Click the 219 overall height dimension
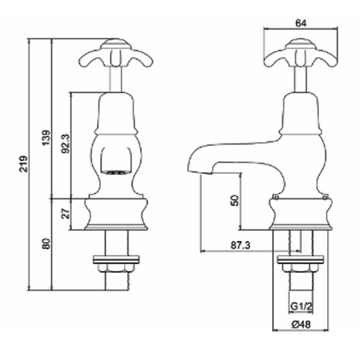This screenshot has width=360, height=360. coord(23,164)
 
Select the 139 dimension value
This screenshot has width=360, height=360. coord(46,138)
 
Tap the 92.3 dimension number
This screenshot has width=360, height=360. coord(65,144)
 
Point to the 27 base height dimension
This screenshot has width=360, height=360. coord(66,213)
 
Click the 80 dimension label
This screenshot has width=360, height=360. coord(46,244)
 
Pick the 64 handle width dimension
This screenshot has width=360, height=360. coord(301,23)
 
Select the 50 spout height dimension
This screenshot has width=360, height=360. coord(235,200)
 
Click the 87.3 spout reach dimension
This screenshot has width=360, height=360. coord(240,245)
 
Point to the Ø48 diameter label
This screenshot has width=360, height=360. coord(301,324)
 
